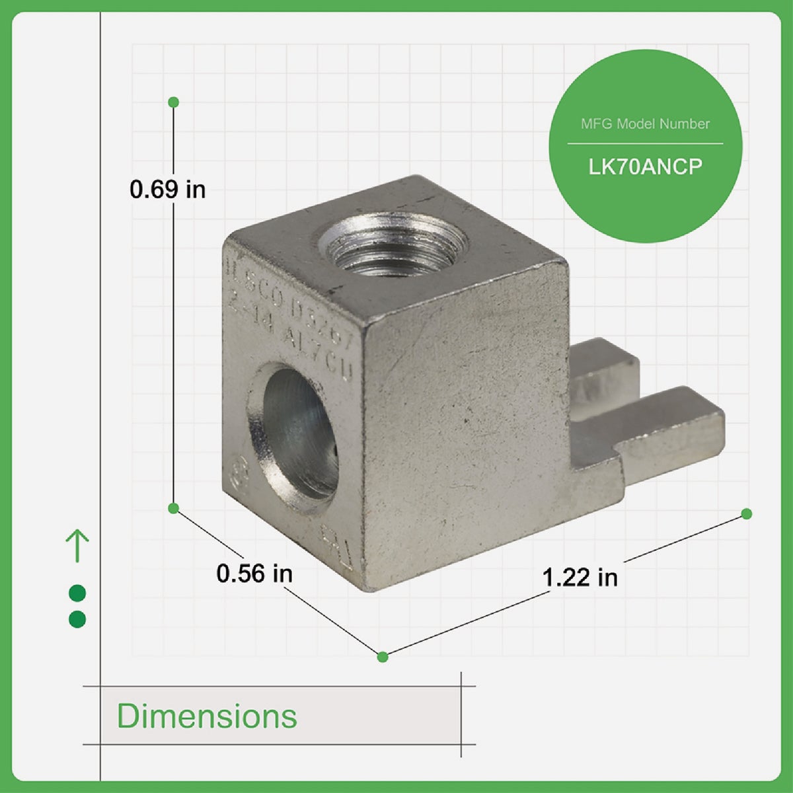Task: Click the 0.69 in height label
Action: (167, 190)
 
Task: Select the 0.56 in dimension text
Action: (254, 573)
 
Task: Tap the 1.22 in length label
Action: (580, 577)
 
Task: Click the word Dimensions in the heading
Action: (207, 716)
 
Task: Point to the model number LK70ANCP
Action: (645, 167)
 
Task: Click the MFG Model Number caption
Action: (645, 124)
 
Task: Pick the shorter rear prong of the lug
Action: (605, 370)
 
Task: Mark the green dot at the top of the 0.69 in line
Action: (174, 102)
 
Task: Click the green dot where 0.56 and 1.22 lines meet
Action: (382, 656)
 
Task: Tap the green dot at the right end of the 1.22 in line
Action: (747, 513)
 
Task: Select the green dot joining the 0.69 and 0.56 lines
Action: (174, 508)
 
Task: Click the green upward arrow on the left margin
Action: (77, 545)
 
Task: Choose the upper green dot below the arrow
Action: (77, 593)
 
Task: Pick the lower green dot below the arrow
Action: (77, 619)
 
